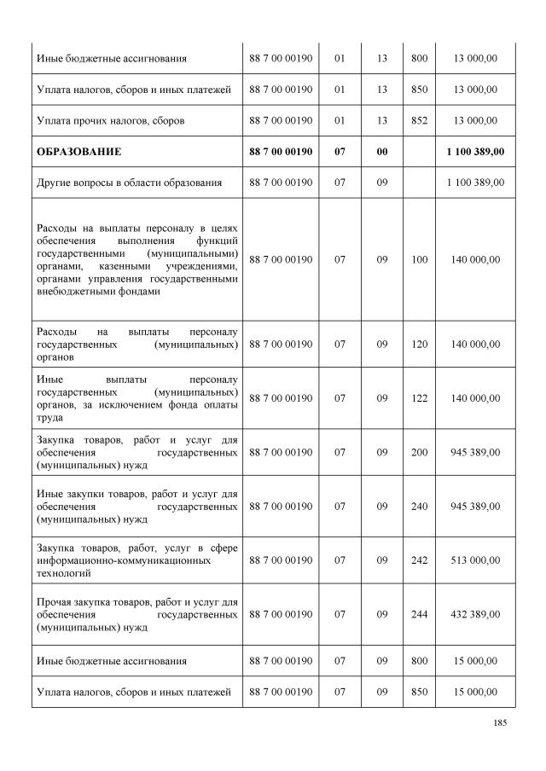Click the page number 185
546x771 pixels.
(500, 723)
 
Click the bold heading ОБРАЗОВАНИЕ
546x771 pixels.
(78, 151)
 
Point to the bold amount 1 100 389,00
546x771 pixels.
(474, 151)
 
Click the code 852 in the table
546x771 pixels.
(419, 120)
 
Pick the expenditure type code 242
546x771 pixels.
(419, 560)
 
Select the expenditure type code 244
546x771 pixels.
(419, 614)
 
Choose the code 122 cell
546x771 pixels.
(419, 398)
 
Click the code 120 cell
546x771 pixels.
(419, 345)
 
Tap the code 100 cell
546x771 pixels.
(419, 259)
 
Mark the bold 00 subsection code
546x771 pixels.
(381, 151)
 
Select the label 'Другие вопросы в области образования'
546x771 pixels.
(129, 183)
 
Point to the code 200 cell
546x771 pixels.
(419, 452)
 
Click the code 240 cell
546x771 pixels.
(419, 506)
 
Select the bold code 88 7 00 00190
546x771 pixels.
(281, 151)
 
